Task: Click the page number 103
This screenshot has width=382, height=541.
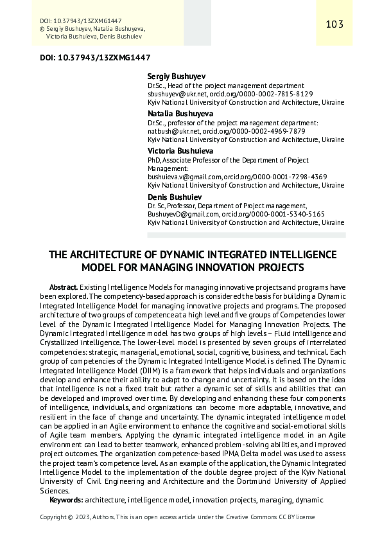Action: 334,24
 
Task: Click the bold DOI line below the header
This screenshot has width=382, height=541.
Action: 86,57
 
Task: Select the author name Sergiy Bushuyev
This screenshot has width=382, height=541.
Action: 177,76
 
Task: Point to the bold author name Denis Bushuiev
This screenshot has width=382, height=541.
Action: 174,196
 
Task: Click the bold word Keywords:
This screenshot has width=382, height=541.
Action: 66,499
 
